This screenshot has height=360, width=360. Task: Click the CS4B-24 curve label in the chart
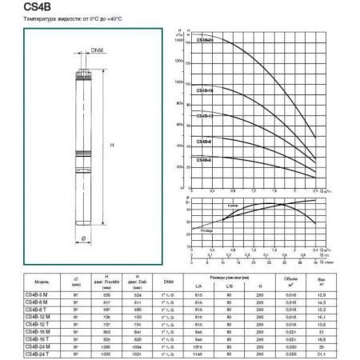tap(205, 62)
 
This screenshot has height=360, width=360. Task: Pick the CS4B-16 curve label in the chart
tap(205, 91)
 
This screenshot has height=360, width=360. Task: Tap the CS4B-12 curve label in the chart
tap(205, 116)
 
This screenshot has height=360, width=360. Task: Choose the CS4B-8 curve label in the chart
tap(204, 142)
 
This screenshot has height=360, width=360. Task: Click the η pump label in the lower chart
tap(234, 206)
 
